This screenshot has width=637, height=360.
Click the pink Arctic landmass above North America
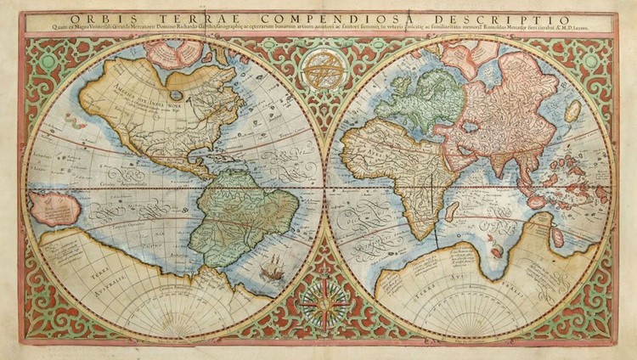pyautogui.click(x=175, y=53)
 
